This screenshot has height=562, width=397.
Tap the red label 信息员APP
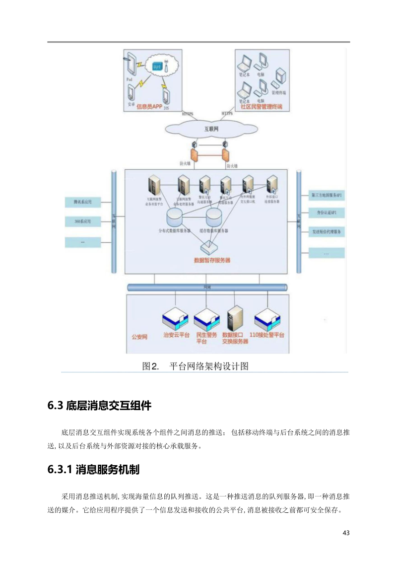click(149, 106)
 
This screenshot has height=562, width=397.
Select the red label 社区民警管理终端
click(261, 106)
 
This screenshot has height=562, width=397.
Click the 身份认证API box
click(327, 213)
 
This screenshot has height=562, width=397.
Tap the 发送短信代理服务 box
click(327, 231)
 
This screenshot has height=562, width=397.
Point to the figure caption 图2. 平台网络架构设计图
click(195, 366)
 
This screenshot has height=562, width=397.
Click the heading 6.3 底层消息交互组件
click(99, 406)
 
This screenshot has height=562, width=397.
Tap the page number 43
click(346, 533)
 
